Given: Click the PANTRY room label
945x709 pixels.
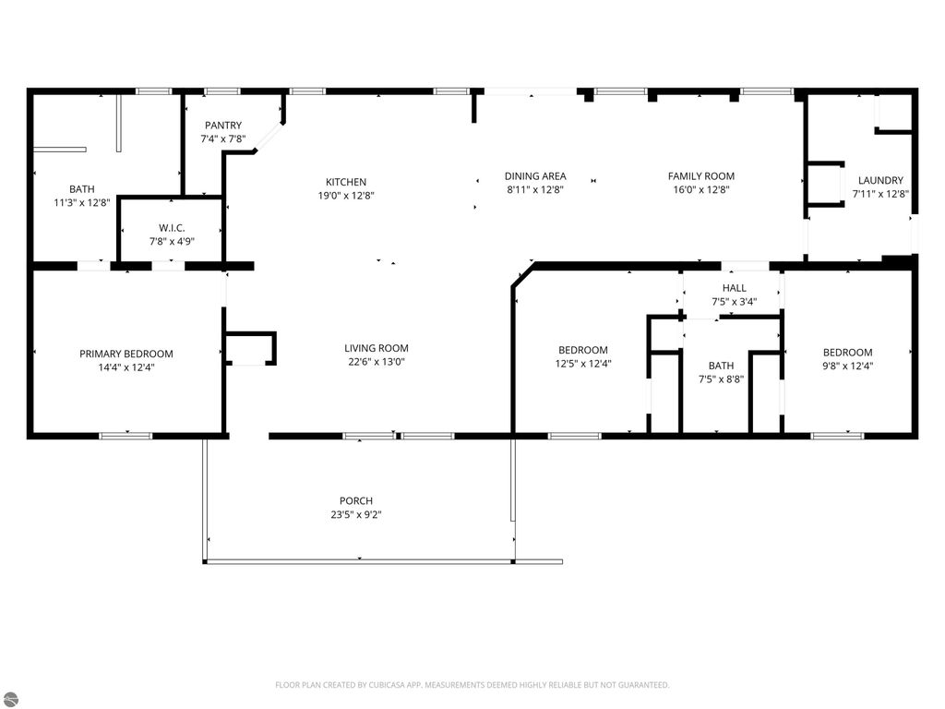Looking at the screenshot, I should click(x=223, y=126).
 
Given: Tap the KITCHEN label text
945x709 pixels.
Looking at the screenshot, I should click(x=346, y=182).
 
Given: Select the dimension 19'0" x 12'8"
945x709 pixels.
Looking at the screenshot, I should click(x=346, y=195).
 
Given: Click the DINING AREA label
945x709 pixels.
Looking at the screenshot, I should click(x=535, y=176).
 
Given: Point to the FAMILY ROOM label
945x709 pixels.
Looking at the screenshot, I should click(x=701, y=176).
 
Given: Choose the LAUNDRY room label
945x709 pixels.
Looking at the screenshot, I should click(x=880, y=181).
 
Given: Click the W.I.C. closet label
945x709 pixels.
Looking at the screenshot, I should click(x=172, y=228).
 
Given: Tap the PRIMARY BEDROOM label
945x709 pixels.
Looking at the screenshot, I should click(x=126, y=354).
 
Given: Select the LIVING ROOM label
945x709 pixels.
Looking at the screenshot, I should click(x=377, y=348).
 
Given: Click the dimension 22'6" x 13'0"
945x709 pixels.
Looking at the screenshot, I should click(x=377, y=362).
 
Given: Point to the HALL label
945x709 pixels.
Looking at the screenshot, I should click(x=735, y=288).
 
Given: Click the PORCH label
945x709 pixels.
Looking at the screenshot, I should click(x=356, y=501).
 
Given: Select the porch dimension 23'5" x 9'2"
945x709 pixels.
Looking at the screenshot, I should click(x=356, y=515).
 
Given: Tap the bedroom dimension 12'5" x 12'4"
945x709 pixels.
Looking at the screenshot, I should click(x=583, y=364).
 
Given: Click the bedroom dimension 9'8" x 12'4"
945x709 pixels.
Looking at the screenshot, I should click(x=847, y=366).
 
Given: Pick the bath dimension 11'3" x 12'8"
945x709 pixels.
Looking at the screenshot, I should click(x=82, y=202).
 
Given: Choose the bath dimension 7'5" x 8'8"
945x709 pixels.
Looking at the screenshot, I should click(x=721, y=379).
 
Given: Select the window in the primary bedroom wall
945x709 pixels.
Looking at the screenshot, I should click(x=126, y=435).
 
